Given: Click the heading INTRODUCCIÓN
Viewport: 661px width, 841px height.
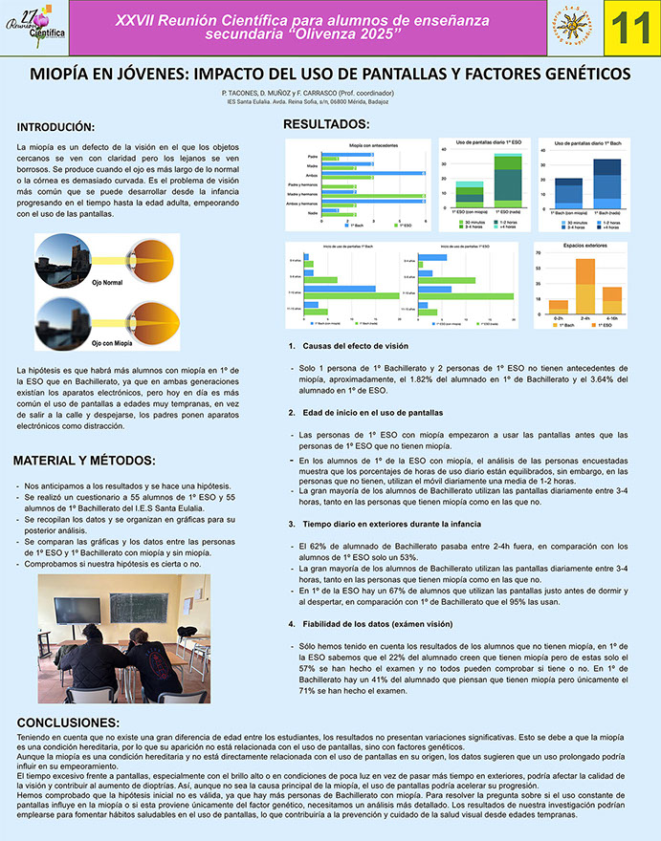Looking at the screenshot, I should (x=56, y=127).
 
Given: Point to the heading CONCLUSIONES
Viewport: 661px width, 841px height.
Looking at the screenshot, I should (x=69, y=722).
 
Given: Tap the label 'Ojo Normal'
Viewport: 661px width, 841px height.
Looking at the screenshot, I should (x=108, y=283).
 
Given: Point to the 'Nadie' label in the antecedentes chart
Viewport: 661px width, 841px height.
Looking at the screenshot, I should (x=312, y=214).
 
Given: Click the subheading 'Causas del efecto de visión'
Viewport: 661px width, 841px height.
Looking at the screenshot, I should (x=355, y=346).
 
